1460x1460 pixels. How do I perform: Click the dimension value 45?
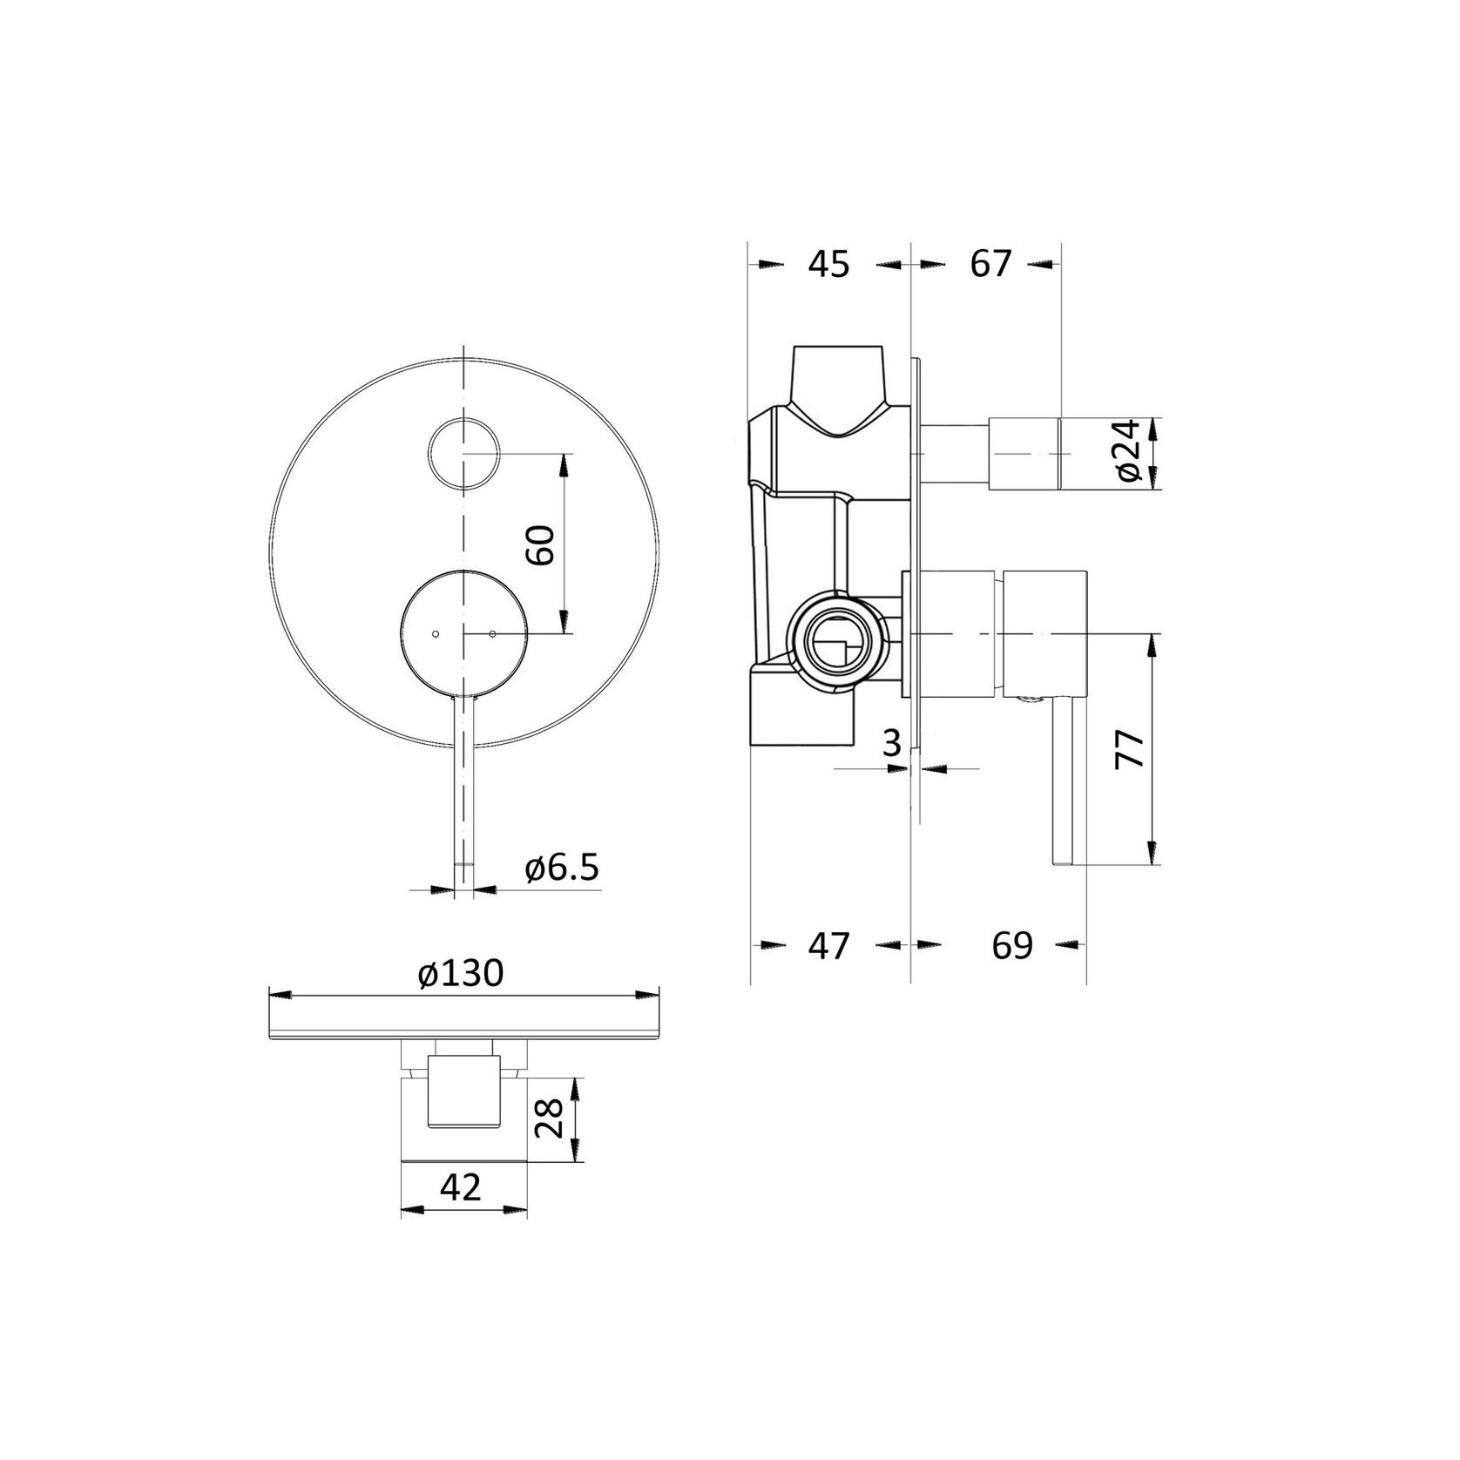[828, 264]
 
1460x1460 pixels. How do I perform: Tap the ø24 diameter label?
[1129, 449]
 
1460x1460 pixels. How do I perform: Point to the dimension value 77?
[1129, 748]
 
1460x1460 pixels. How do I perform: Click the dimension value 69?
[1012, 945]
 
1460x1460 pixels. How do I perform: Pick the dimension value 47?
[828, 945]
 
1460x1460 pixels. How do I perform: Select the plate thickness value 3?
[890, 743]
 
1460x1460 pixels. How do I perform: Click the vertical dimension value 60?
[542, 545]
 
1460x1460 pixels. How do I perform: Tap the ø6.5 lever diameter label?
[562, 869]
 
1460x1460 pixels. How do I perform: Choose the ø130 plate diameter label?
[460, 974]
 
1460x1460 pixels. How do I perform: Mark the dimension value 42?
[461, 1187]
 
